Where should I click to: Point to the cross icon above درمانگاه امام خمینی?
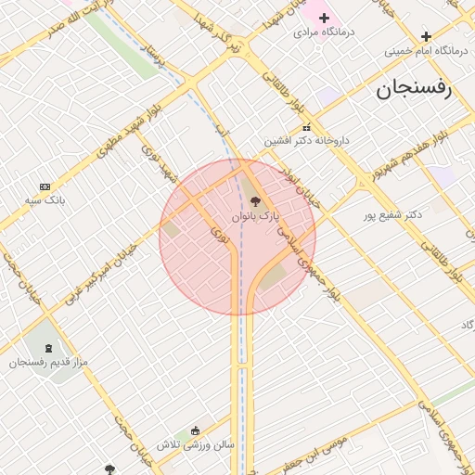426,36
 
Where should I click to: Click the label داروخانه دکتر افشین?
307,141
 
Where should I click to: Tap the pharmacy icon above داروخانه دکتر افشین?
306,127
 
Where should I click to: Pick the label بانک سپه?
45,200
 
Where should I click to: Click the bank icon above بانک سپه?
45,186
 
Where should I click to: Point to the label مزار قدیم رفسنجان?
48,361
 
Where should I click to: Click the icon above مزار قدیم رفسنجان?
48,347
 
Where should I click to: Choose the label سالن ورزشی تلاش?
195,444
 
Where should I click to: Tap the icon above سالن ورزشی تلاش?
195,430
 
